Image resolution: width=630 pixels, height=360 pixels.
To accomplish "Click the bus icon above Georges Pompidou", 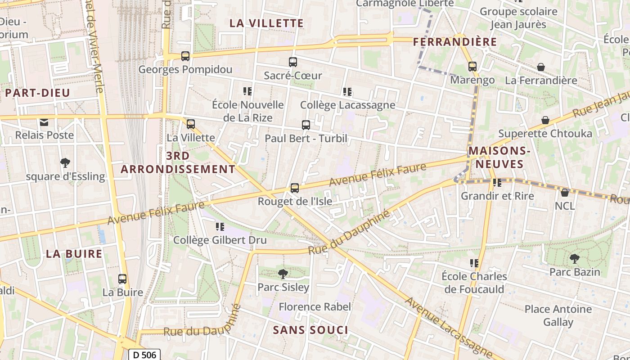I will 185,56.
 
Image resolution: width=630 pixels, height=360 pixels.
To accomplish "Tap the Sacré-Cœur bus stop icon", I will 293,62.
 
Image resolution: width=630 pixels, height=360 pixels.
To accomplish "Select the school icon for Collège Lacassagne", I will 347,92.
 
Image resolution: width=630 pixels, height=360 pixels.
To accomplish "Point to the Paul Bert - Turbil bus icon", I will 306,125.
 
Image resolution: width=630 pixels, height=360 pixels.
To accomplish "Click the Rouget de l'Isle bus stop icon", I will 295,188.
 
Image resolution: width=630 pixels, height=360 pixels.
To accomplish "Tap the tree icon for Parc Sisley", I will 283,273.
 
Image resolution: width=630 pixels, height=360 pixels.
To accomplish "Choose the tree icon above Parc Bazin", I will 574,258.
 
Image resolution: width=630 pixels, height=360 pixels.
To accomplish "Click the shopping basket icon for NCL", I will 565,193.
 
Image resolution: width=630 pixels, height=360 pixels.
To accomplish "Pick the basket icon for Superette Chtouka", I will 545,120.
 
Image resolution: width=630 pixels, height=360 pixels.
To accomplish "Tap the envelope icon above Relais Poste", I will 44,122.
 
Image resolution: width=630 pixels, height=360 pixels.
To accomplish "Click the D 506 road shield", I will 144,355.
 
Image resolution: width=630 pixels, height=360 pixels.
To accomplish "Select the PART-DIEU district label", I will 38,93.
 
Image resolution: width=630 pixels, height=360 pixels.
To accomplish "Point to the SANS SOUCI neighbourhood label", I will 310,330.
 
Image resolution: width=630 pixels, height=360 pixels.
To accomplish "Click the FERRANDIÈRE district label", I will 455,42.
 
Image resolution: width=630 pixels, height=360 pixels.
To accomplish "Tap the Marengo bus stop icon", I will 472,67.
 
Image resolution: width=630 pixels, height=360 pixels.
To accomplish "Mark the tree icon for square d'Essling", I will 65,162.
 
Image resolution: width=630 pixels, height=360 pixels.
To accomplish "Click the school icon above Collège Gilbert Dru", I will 220,227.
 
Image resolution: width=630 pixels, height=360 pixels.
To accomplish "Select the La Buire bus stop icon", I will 122,279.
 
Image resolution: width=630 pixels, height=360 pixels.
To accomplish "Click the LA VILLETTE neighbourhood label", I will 266,23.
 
